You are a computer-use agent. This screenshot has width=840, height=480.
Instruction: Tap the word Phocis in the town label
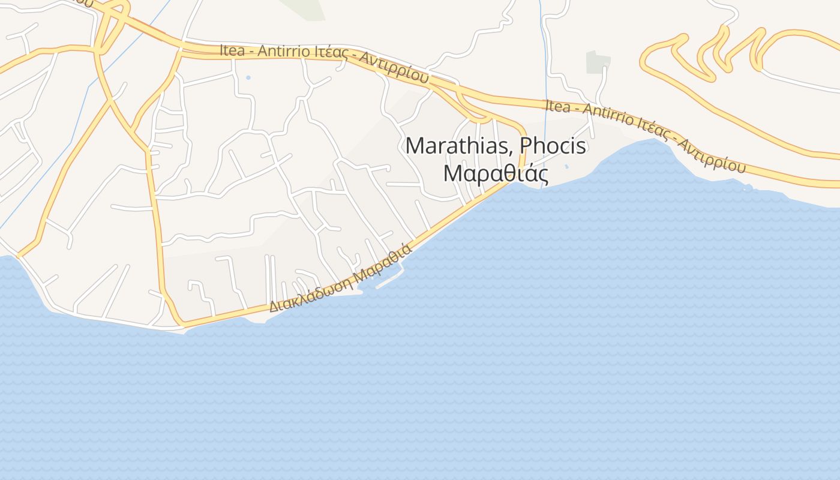(553, 146)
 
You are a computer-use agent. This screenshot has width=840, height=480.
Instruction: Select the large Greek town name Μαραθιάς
(496, 173)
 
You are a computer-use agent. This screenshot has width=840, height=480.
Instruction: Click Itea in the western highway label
(232, 50)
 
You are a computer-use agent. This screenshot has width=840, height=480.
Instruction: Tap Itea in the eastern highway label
(557, 106)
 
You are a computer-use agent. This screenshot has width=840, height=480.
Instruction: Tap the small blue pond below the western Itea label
(248, 77)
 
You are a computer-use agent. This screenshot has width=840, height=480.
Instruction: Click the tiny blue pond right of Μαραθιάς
(566, 166)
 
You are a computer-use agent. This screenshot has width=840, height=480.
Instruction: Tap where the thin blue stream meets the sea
(543, 186)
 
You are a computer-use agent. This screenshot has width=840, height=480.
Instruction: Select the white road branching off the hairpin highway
(798, 82)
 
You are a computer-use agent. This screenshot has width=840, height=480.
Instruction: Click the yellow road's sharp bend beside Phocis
(521, 129)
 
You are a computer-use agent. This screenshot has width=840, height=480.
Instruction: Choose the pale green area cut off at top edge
(303, 8)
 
